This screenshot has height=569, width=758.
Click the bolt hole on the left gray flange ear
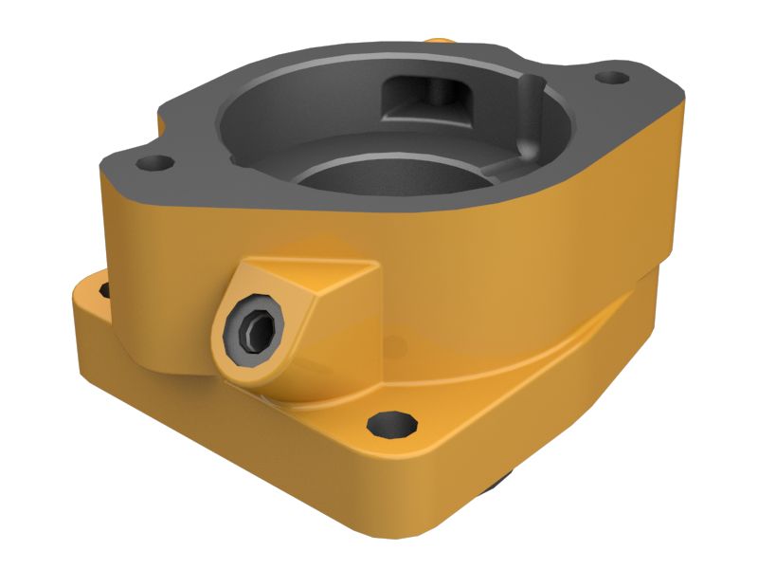pyautogui.click(x=151, y=162)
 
